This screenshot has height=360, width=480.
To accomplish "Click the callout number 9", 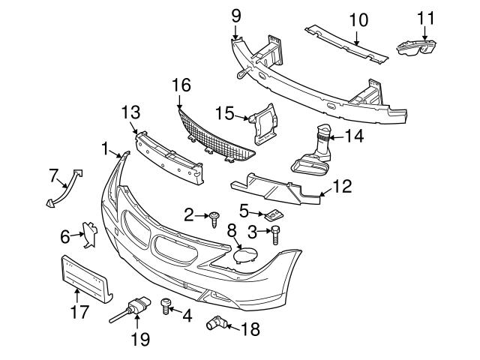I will [236, 14].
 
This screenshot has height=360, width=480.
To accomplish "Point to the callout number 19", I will [140, 339].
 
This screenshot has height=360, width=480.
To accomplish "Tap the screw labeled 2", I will [215, 217].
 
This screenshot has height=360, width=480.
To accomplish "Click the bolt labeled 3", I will [275, 235].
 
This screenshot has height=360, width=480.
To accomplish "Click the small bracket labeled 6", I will [90, 235].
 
